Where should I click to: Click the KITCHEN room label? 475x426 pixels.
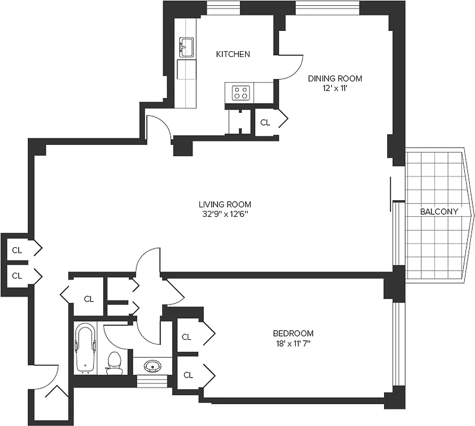[x=232, y=54]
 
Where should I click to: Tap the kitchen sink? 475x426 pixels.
[x=187, y=47]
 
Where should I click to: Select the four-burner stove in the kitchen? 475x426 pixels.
[x=240, y=93]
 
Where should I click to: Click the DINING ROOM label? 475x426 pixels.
[x=335, y=78]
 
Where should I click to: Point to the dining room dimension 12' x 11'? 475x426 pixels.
[x=335, y=88]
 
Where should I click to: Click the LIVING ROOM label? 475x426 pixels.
[x=224, y=204]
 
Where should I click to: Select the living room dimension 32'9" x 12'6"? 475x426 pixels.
[x=224, y=215]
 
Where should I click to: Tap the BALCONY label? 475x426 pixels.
[x=439, y=211]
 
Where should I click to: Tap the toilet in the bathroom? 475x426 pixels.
[x=114, y=362]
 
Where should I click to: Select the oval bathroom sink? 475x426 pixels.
[x=152, y=366]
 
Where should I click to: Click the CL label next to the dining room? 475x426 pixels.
[x=265, y=122]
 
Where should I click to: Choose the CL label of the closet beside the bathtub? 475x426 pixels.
[x=89, y=299]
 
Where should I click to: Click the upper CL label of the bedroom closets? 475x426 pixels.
[x=187, y=337]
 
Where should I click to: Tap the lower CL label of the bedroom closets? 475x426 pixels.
[x=188, y=375]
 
